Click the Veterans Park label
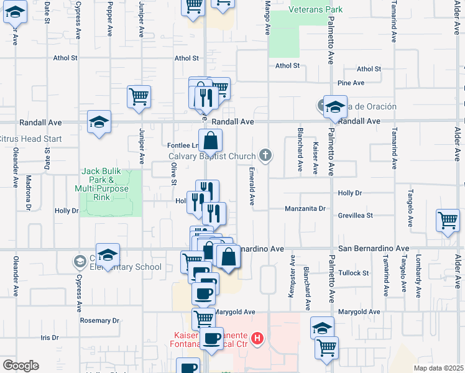tap(316, 10)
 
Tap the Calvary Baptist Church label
tap(212, 155)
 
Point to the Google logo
tap(21, 366)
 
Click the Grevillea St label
tap(356, 216)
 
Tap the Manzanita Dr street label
tap(305, 209)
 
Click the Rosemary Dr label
tap(99, 321)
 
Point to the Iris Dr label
tap(49, 338)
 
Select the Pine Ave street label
tap(350, 83)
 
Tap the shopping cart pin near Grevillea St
tap(448, 220)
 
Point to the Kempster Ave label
tap(290, 282)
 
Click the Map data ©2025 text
tap(439, 367)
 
